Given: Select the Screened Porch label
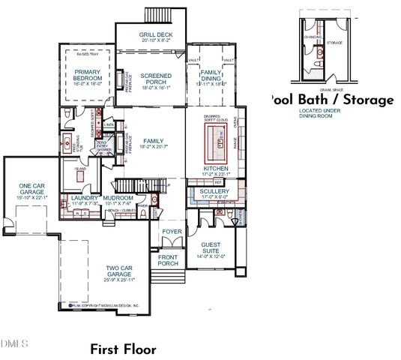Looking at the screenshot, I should click(x=157, y=80).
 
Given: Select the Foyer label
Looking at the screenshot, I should click(x=172, y=231).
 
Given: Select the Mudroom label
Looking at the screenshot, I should click(x=119, y=199).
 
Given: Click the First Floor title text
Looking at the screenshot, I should click(x=123, y=349).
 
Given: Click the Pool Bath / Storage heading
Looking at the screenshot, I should click(x=331, y=100).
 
